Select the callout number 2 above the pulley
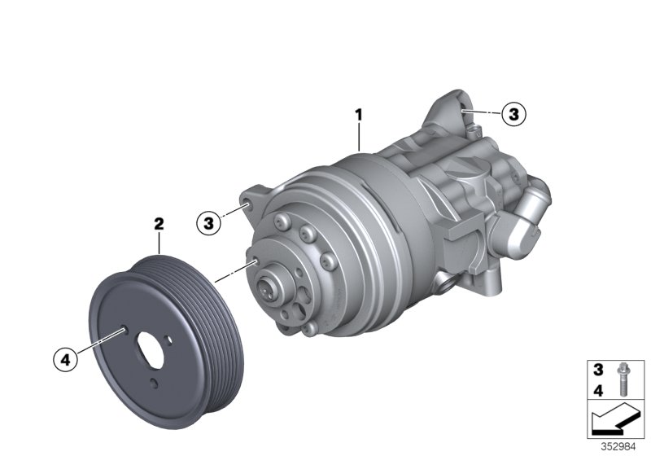[x=159, y=222]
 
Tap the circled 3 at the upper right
[x=513, y=115]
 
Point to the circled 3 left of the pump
[x=209, y=221]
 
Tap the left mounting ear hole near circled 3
[x=245, y=197]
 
